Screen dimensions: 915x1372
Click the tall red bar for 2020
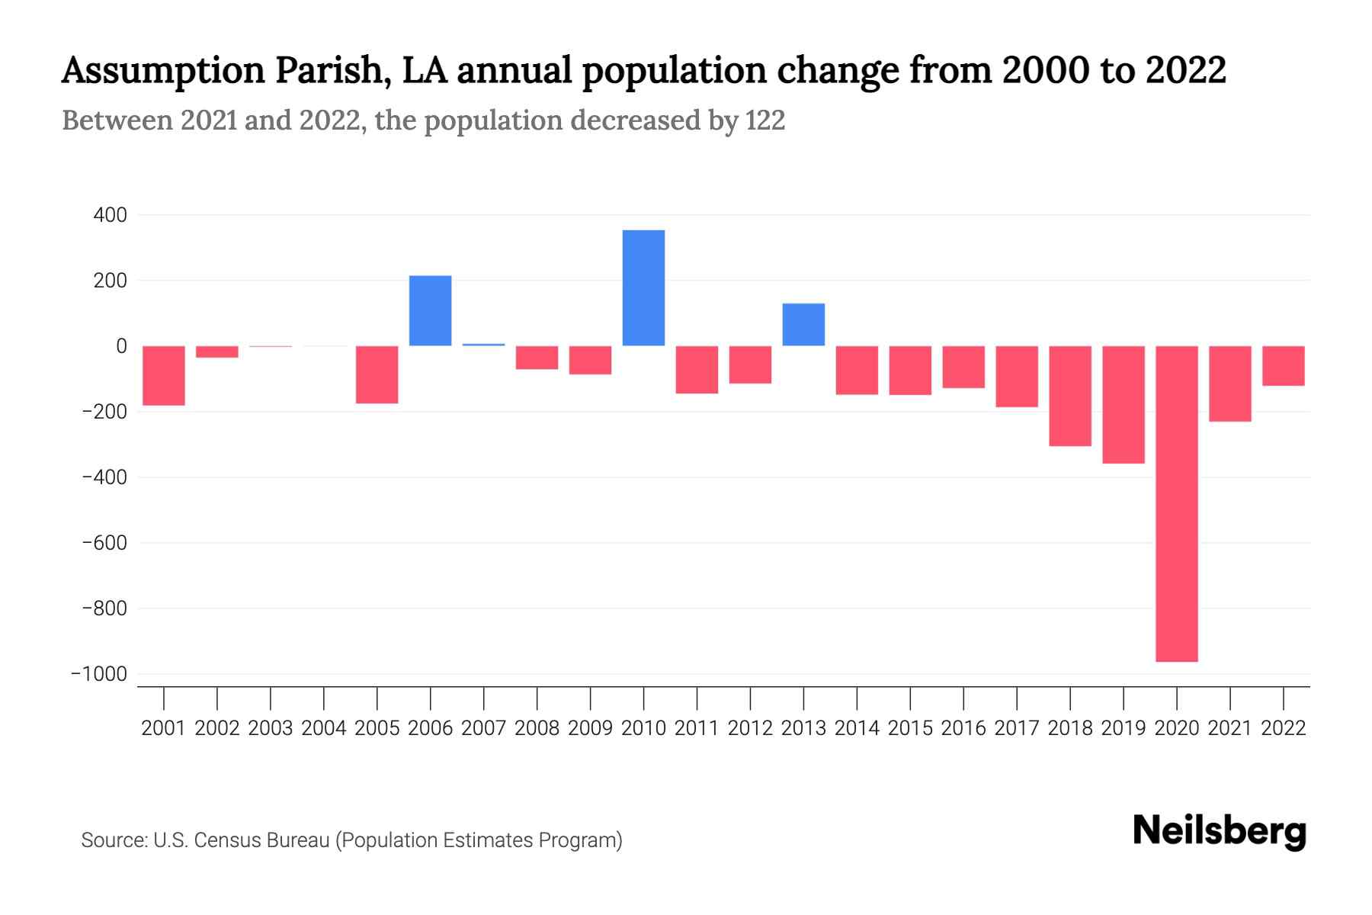[x=1176, y=503]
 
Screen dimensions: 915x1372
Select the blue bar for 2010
[x=643, y=288]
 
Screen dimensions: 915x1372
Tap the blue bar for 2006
[x=430, y=311]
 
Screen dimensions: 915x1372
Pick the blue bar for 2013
[x=803, y=325]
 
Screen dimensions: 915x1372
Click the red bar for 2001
[x=164, y=375]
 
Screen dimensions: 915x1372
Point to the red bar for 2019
[x=1123, y=404]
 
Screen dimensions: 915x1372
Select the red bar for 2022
[x=1283, y=366]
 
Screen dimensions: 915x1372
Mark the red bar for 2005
[x=377, y=374]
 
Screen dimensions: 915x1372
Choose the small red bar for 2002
[x=217, y=352]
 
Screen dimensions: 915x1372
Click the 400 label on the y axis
[x=110, y=216]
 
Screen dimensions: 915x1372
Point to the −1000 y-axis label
[x=99, y=675]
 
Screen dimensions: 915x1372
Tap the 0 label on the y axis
[x=121, y=347]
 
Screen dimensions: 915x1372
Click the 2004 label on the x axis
[x=324, y=728]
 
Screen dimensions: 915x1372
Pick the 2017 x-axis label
[x=1017, y=728]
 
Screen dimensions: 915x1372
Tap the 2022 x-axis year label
[x=1284, y=728]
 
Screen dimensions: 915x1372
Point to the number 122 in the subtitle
[x=765, y=120]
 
